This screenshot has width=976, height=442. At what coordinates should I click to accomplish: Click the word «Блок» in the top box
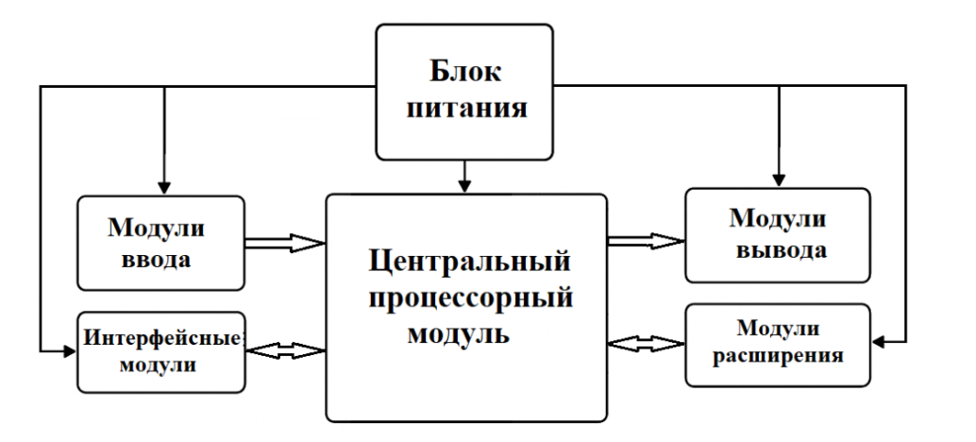[x=464, y=72]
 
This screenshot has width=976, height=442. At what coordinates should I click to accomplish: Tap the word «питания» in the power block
[x=464, y=109]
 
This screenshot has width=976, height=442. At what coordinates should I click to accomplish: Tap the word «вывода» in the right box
[x=778, y=251]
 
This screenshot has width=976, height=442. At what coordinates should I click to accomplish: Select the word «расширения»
[x=778, y=356]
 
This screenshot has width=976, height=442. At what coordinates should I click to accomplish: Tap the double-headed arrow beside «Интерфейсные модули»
[x=285, y=350]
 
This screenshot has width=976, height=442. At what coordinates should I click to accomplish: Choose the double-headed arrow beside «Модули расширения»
[x=646, y=342]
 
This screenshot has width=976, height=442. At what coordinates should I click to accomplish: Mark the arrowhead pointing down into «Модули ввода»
[x=164, y=187]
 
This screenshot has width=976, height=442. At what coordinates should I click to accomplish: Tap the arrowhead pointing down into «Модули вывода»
[x=779, y=178]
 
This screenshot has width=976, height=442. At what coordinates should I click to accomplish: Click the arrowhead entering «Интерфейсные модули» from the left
[x=69, y=351]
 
